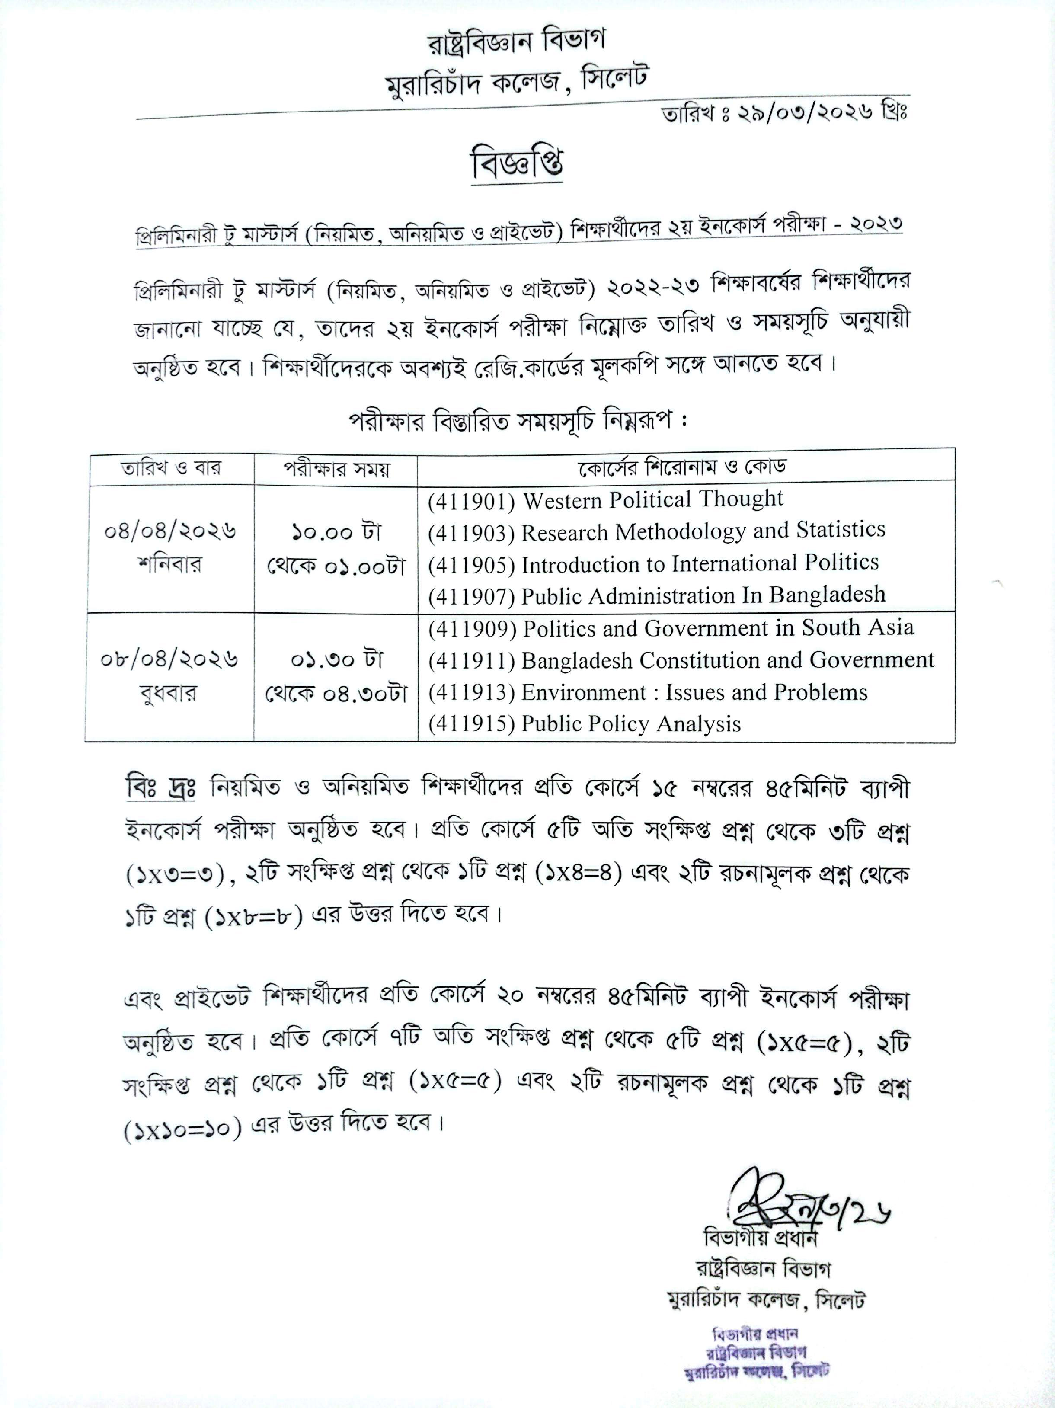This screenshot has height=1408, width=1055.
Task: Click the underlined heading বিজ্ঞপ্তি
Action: [x=517, y=165]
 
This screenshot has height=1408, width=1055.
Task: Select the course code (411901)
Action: [x=471, y=502]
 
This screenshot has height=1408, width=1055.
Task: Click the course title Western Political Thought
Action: [x=653, y=499]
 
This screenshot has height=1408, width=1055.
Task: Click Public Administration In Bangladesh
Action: [x=703, y=595]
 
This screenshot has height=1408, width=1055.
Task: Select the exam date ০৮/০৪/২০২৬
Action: [x=169, y=659]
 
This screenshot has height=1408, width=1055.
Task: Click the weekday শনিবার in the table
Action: [x=169, y=564]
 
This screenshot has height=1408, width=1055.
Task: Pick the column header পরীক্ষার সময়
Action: [x=336, y=469]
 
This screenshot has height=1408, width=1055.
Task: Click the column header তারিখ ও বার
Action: [x=170, y=468]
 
